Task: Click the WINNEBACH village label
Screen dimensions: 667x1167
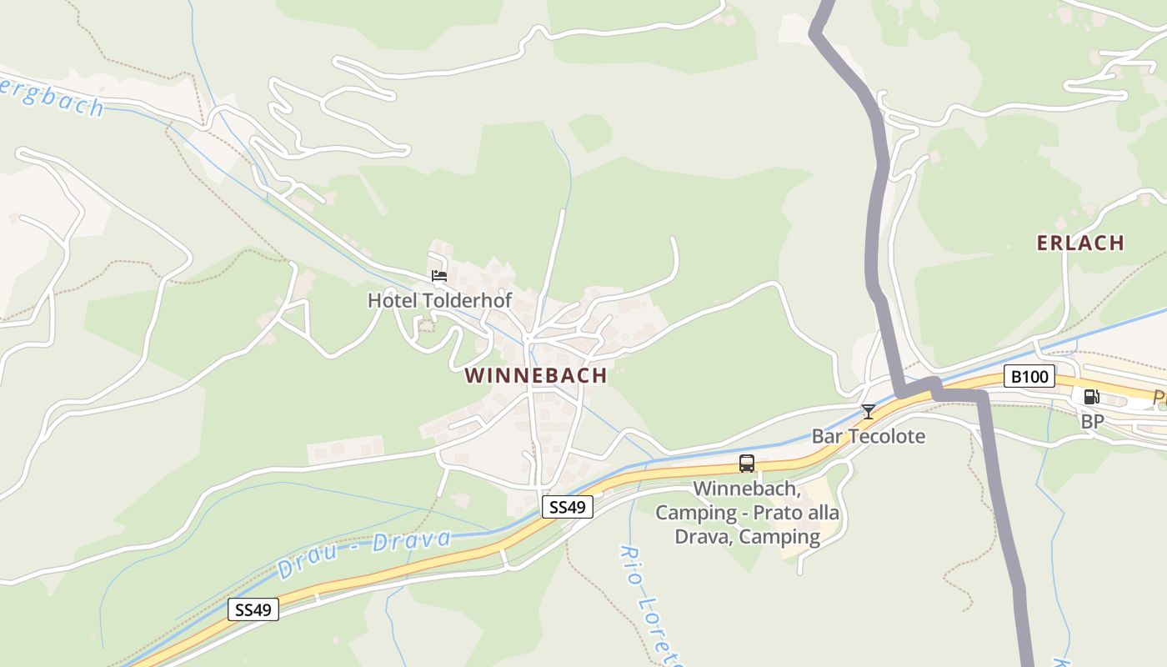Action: [536, 376]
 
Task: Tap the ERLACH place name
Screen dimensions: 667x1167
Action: [1080, 243]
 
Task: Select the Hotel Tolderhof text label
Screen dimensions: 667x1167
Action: [439, 300]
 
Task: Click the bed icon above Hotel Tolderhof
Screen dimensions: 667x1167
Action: [439, 276]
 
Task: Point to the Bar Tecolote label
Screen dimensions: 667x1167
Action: [868, 436]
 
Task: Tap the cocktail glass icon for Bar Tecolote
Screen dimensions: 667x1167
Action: [868, 411]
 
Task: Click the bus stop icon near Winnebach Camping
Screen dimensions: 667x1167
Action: [746, 464]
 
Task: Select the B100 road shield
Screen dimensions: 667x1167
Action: [1029, 377]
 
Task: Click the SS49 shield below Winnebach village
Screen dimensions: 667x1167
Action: [567, 506]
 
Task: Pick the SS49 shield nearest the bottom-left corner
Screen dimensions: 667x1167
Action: [253, 609]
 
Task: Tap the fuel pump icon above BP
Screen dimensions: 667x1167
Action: [1091, 397]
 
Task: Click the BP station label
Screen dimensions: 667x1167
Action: [1092, 422]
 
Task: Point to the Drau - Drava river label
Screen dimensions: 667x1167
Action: [364, 553]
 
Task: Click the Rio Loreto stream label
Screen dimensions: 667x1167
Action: [651, 604]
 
